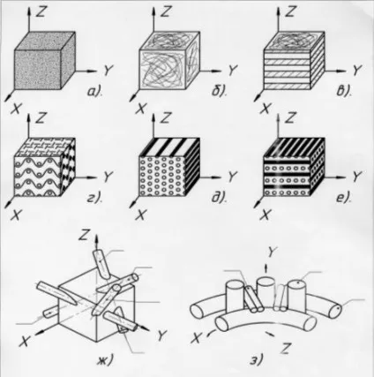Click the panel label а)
pyautogui.click(x=94, y=92)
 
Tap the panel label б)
pyautogui.click(x=220, y=91)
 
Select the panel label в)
pyautogui.click(x=343, y=91)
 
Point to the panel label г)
pyautogui.click(x=94, y=198)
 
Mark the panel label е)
pyautogui.click(x=343, y=198)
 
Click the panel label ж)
pyautogui.click(x=105, y=360)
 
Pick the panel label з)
pyautogui.click(x=257, y=360)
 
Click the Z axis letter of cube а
pyautogui.click(x=41, y=11)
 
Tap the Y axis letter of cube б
pyautogui.click(x=233, y=71)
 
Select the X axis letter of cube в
pyautogui.click(x=265, y=109)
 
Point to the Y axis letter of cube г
pyautogui.click(x=108, y=177)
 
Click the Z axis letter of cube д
pyautogui.click(x=166, y=117)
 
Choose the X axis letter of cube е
pyautogui.click(x=265, y=215)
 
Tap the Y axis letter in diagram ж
pyautogui.click(x=162, y=336)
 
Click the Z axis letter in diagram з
pyautogui.click(x=284, y=349)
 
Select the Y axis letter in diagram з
pyautogui.click(x=273, y=252)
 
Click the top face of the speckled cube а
pyautogui.click(x=45, y=41)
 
